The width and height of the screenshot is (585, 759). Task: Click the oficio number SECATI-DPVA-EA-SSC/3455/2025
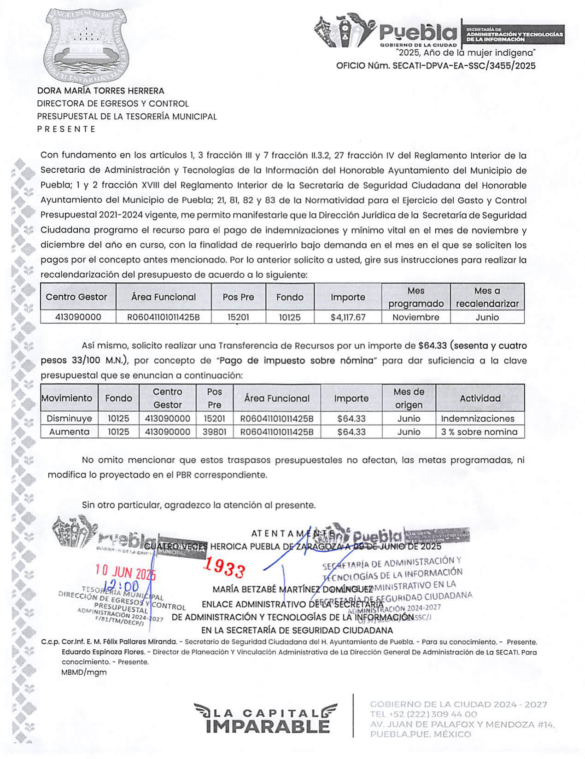(464, 66)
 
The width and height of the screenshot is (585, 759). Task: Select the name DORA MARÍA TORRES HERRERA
(101, 91)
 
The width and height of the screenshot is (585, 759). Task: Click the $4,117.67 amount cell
(348, 317)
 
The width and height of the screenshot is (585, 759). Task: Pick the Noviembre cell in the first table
(415, 317)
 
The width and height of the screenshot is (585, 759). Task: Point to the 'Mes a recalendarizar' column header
(487, 297)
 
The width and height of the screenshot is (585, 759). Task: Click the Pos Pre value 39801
(214, 432)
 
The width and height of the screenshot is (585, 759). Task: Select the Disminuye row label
(69, 419)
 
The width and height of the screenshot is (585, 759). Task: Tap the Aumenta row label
(69, 432)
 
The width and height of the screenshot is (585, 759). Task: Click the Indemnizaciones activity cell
(478, 419)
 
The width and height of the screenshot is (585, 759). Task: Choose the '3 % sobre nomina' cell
(479, 432)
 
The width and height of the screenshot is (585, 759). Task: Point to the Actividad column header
(480, 398)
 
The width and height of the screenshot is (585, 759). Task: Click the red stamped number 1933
(224, 567)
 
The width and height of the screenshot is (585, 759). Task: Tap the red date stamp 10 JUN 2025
(125, 572)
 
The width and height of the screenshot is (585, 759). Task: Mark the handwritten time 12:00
(121, 586)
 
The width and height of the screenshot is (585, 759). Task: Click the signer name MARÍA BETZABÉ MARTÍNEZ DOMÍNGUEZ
(292, 590)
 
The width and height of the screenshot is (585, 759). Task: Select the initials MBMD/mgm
(84, 672)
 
